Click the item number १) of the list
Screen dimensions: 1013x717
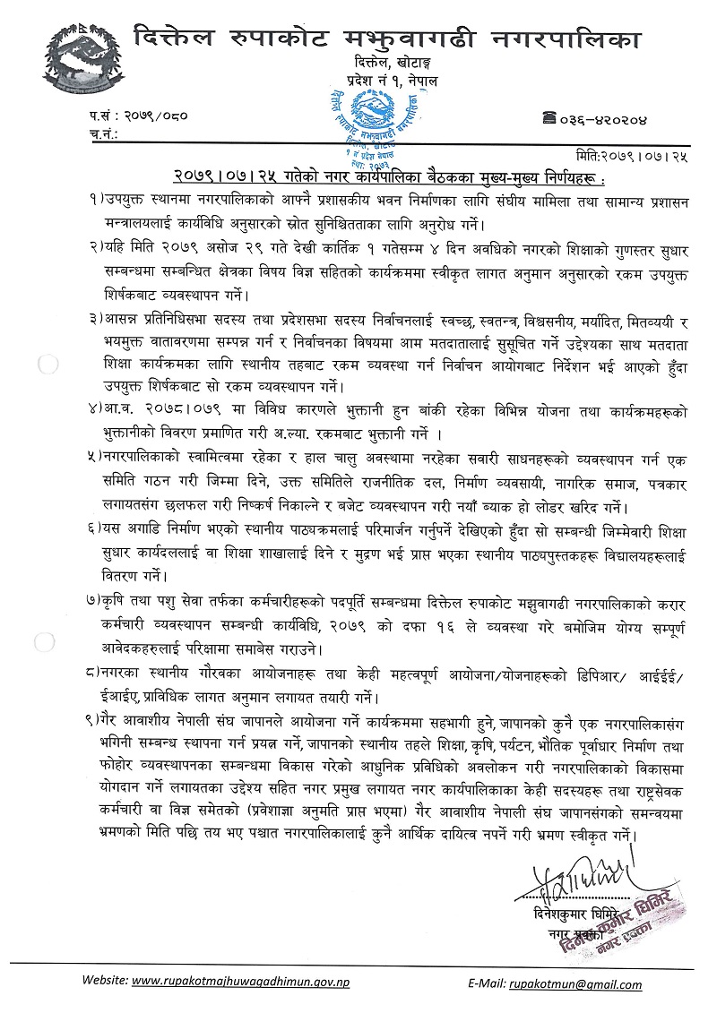pos(95,195)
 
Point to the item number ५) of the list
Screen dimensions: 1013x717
pos(95,459)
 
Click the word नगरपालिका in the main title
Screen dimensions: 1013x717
pos(566,38)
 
